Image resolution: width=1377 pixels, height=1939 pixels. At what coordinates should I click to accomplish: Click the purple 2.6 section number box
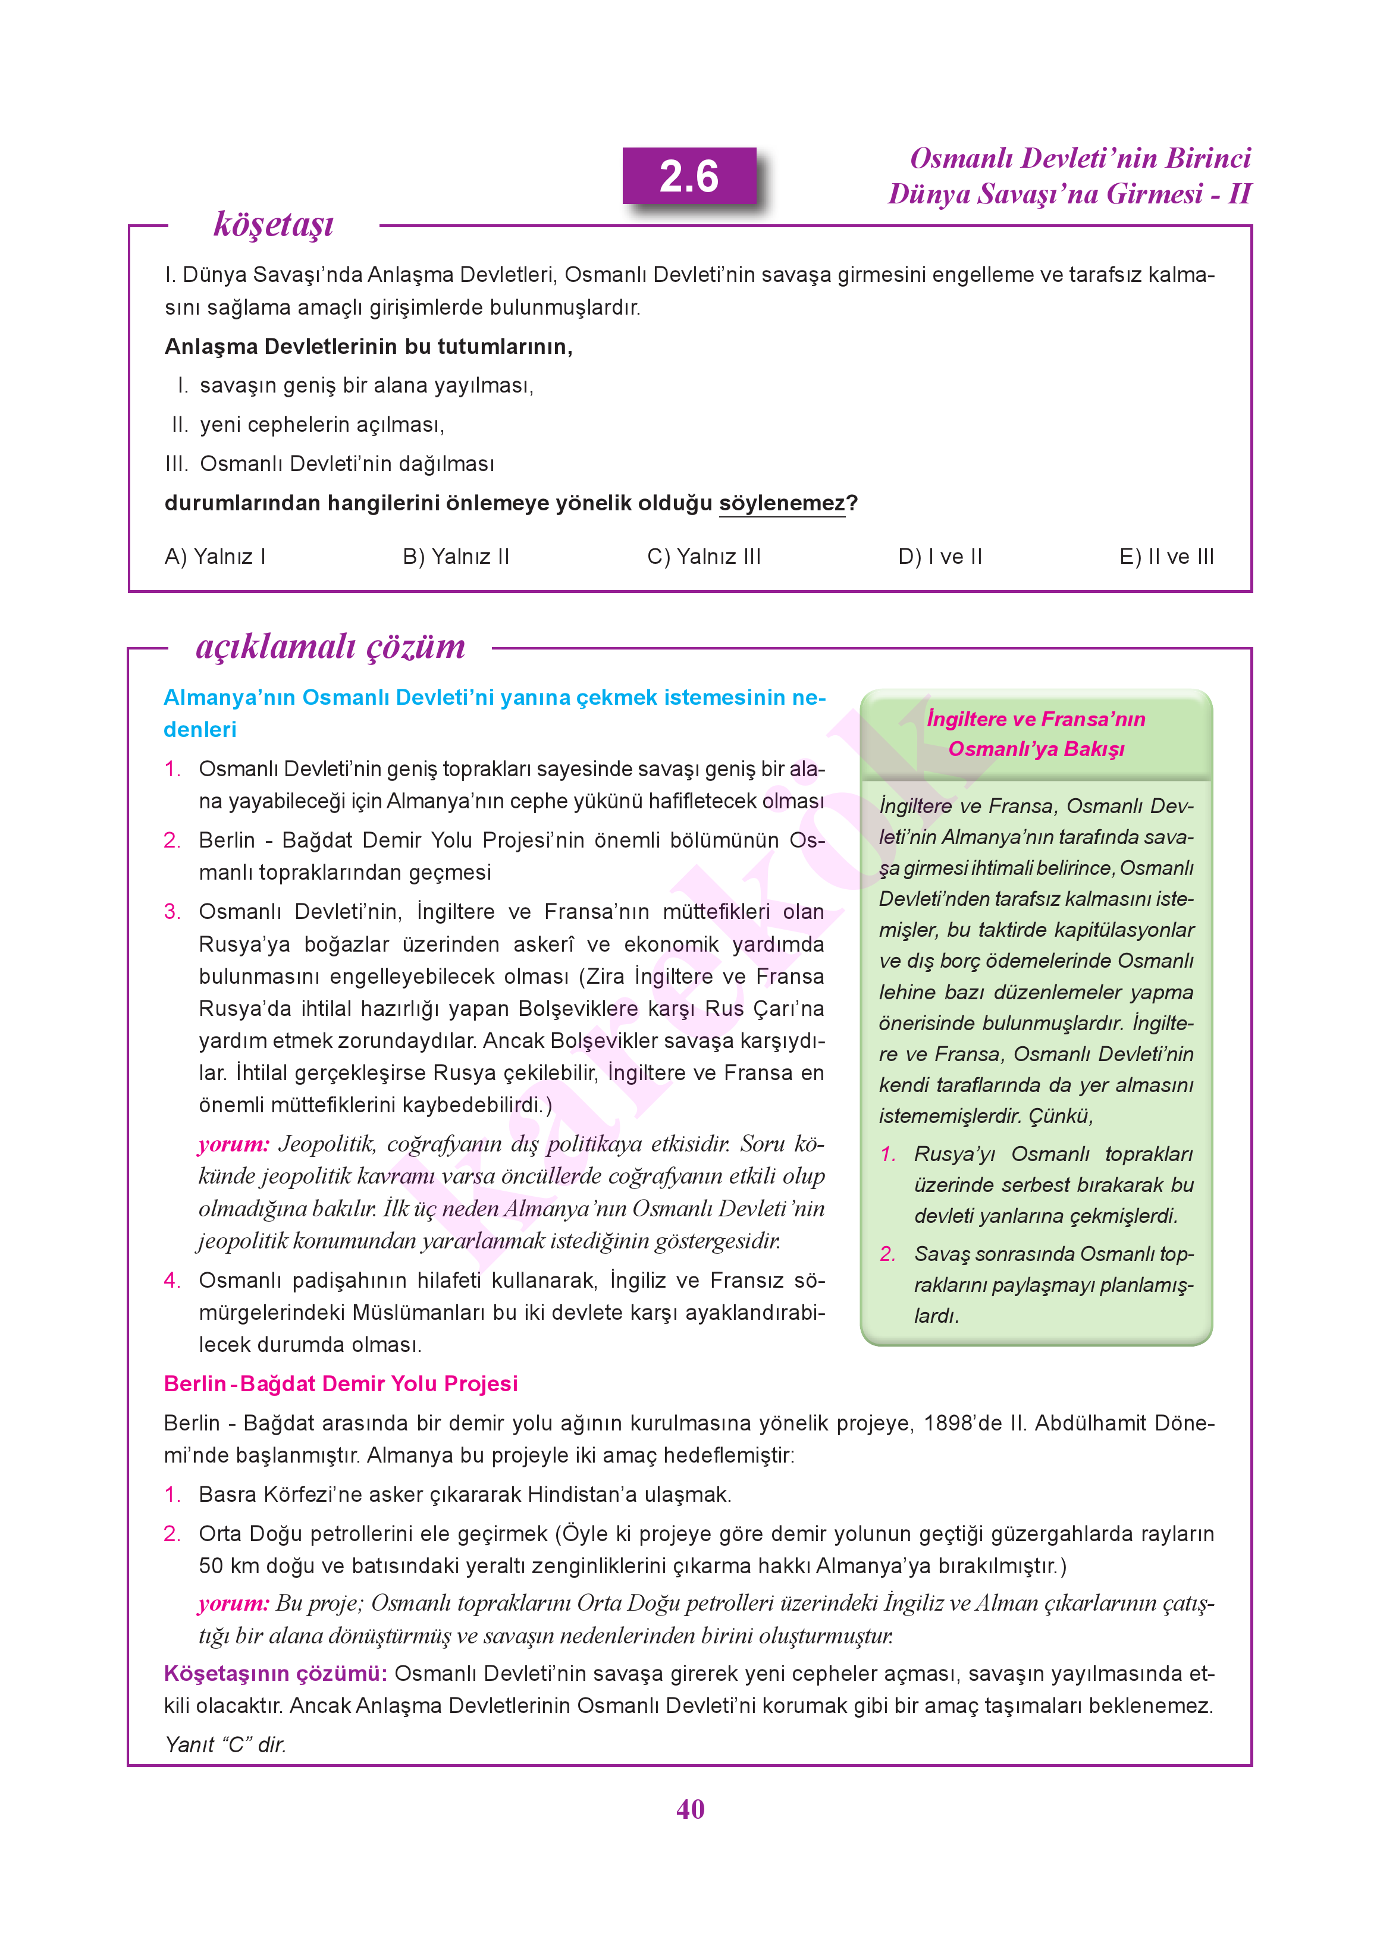click(x=689, y=176)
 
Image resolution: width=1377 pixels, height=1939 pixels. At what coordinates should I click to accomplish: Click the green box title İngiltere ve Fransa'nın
click(x=1036, y=719)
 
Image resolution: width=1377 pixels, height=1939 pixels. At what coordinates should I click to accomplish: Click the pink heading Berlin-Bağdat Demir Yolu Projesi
click(x=340, y=1383)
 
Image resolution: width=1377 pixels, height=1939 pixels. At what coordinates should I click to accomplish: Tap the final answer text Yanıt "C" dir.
click(x=225, y=1744)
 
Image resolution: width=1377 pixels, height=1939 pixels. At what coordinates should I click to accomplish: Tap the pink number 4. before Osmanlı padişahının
click(x=172, y=1279)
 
